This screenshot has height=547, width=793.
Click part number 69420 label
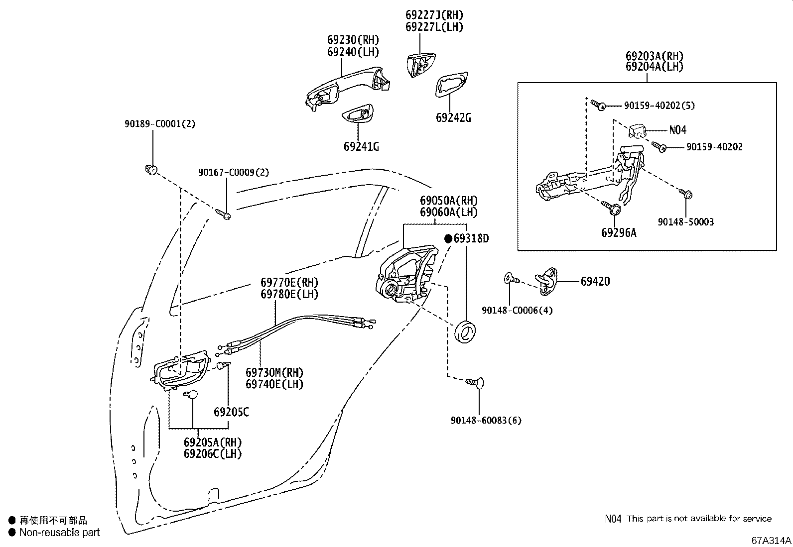(595, 281)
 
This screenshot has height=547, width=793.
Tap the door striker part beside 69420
(547, 280)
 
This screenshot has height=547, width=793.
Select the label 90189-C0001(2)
(160, 123)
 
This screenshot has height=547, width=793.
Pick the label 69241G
(361, 146)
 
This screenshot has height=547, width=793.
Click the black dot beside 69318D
(448, 239)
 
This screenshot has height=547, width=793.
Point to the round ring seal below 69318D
(467, 332)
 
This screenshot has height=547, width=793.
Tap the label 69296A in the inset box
(619, 232)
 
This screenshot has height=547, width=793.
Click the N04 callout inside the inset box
(677, 130)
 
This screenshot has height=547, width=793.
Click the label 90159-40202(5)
(659, 106)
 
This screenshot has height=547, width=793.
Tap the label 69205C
(231, 412)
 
